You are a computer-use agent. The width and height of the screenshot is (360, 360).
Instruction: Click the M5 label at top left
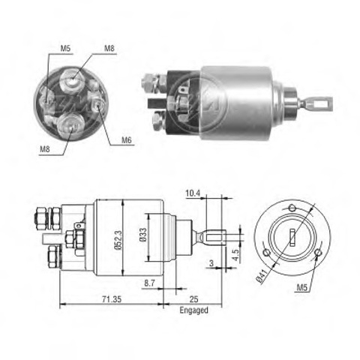pos(65,49)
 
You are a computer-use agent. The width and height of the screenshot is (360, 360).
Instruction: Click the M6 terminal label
pos(127,140)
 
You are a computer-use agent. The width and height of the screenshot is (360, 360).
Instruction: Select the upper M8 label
pos(109,48)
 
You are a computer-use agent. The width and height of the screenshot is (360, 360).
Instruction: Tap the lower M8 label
pos(45,149)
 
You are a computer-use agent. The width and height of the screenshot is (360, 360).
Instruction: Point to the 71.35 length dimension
pos(112,299)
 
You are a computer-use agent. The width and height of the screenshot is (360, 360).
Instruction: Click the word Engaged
pos(193,310)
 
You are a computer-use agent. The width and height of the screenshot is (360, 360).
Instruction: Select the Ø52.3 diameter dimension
pos(118,239)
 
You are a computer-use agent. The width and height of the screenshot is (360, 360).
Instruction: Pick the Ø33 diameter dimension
pos(143,235)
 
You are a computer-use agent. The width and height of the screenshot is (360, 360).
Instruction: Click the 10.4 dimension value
pos(193,193)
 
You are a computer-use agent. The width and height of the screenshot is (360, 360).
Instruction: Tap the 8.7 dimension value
pos(149,283)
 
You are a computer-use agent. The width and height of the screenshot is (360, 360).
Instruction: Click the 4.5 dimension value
pos(235,255)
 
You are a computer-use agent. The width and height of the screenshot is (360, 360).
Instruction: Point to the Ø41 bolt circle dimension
pos(262,276)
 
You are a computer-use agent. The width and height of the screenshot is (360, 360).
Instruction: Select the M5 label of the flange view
pos(301,288)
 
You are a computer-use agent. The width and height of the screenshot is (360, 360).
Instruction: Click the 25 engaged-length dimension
pos(193,299)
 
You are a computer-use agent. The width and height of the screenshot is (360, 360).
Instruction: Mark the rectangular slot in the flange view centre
pos(292,238)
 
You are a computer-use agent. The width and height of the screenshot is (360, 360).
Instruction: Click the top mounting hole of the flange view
pos(292,207)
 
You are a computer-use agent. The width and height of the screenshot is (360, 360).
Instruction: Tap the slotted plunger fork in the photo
pos(316,104)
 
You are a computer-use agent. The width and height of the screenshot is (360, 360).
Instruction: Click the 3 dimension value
pos(211,263)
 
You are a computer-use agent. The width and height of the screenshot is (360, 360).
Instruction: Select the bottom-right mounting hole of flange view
pos(318,253)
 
